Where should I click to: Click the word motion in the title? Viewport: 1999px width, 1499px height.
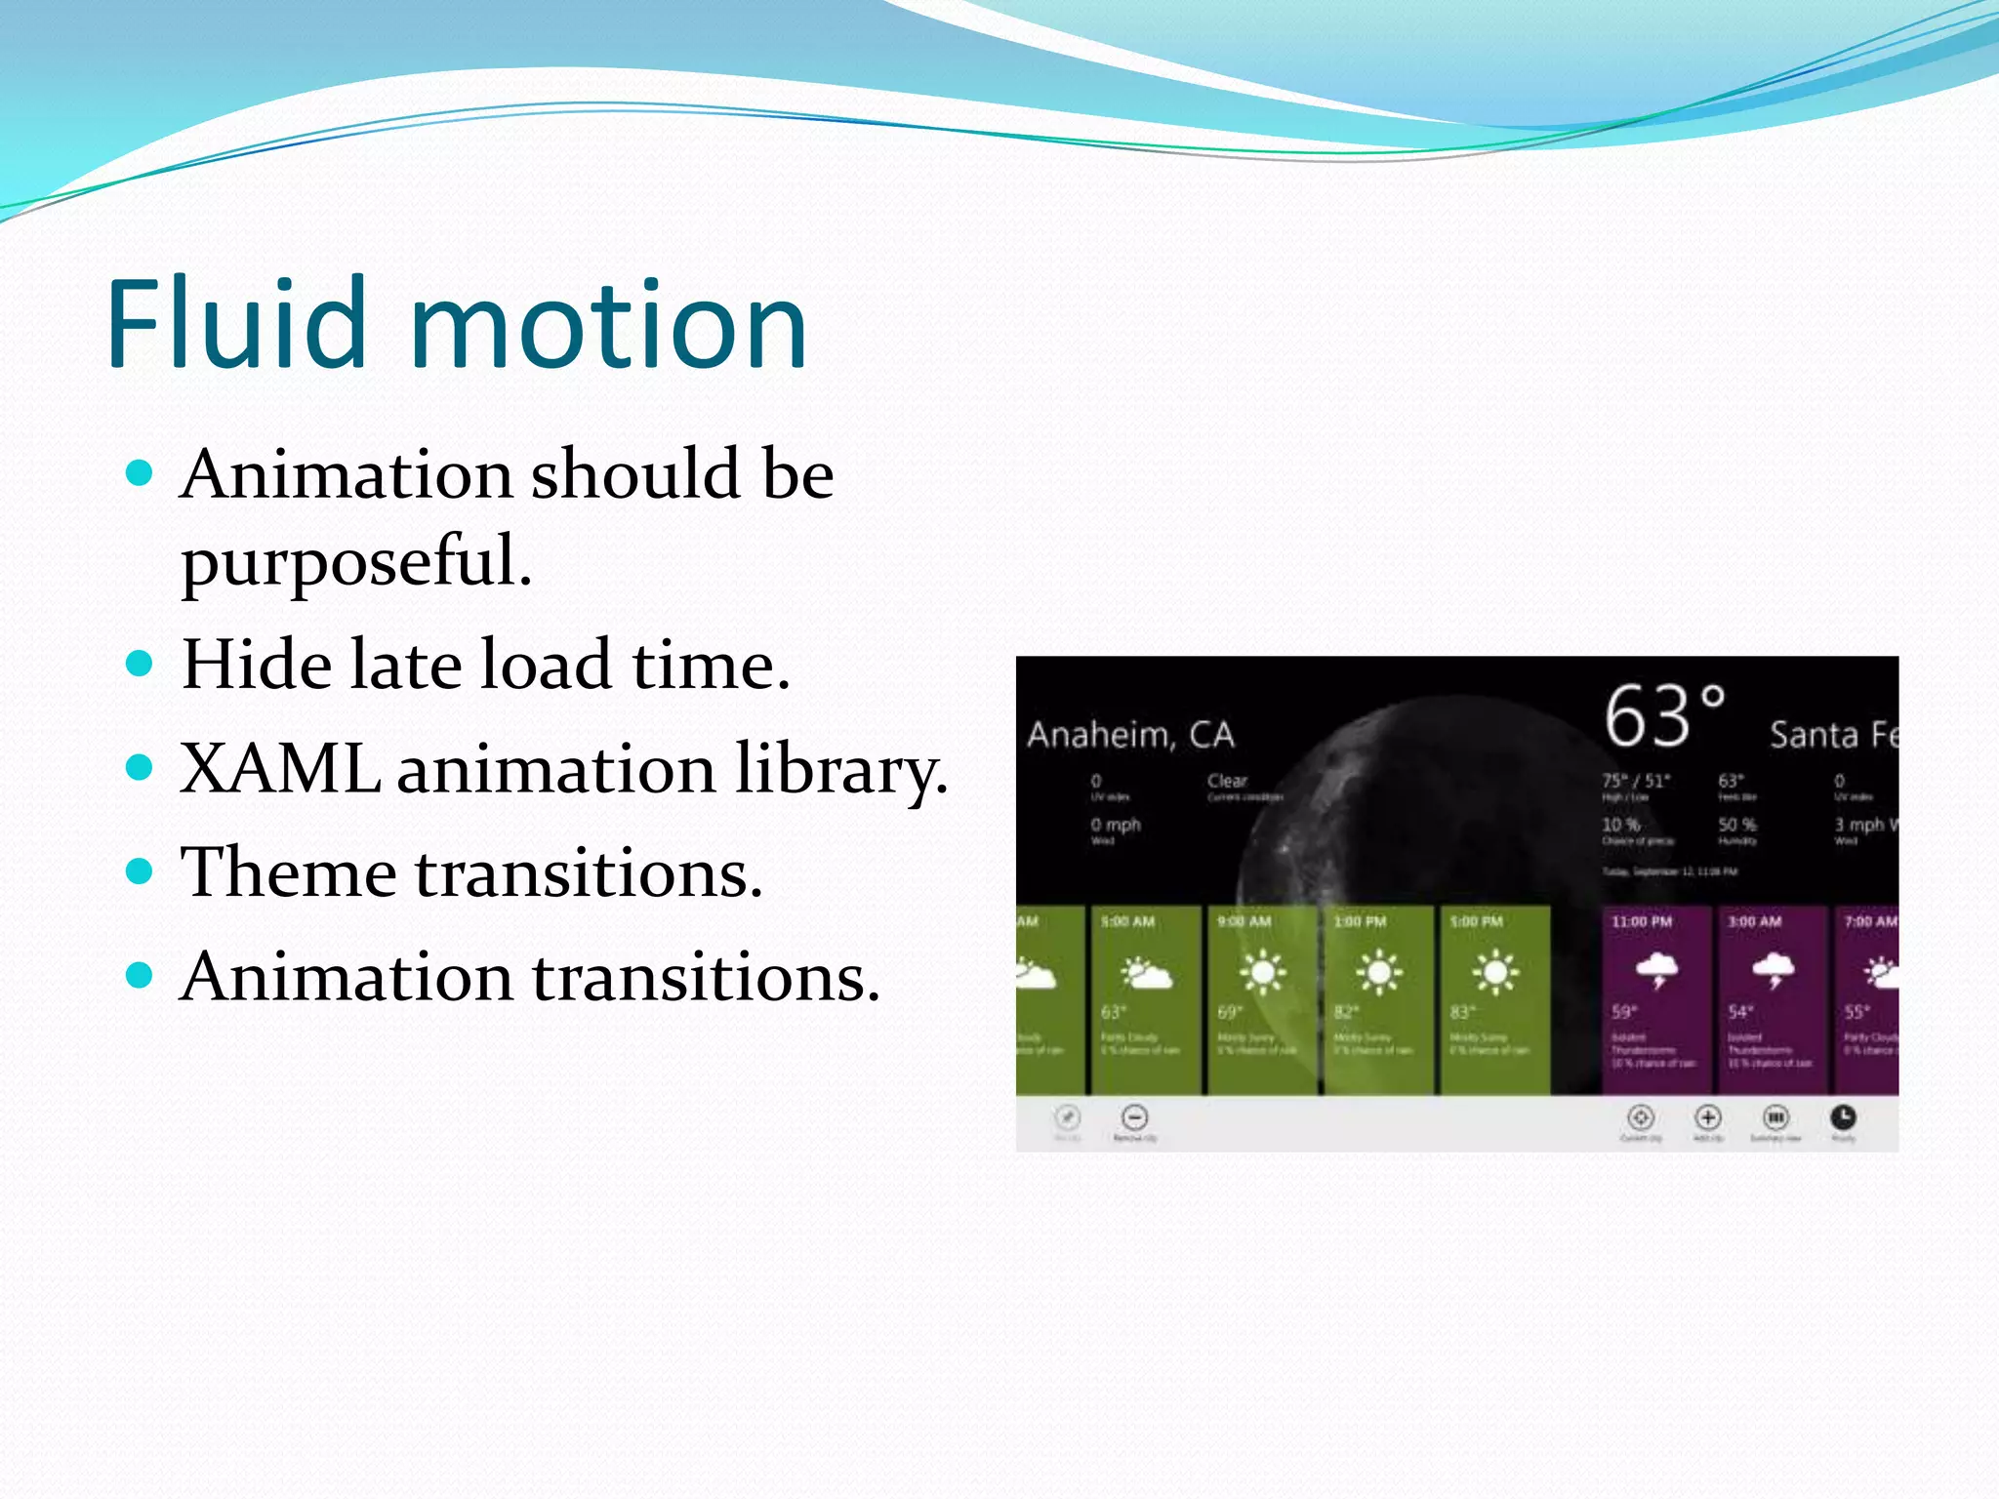click(609, 324)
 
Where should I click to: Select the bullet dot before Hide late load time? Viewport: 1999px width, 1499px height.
click(140, 665)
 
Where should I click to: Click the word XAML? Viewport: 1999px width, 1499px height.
click(280, 769)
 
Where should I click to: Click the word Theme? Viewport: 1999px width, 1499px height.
click(288, 872)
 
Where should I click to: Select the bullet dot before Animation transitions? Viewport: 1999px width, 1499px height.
click(140, 975)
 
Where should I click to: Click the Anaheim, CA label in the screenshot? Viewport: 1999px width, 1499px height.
click(1130, 734)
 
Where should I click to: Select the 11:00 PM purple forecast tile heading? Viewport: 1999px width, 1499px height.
click(1642, 921)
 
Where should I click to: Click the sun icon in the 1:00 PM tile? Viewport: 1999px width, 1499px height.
click(1378, 972)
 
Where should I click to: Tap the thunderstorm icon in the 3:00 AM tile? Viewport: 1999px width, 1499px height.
click(1773, 970)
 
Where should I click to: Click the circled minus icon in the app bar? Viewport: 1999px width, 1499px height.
click(1134, 1117)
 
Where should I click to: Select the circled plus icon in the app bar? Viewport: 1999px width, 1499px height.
click(1707, 1117)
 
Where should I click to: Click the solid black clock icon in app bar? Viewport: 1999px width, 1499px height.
click(1843, 1117)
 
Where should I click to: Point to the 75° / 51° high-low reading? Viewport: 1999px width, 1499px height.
click(1636, 781)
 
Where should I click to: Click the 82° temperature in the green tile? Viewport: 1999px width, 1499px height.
click(1346, 1012)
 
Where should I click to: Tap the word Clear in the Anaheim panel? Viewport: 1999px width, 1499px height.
click(1227, 781)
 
